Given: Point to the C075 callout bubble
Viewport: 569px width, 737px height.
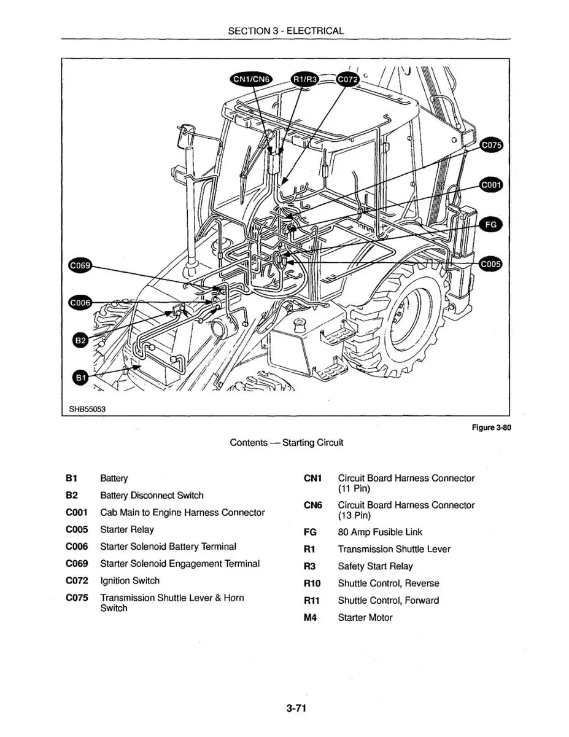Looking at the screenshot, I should point(491,146).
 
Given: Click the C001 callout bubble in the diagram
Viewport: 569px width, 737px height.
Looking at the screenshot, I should point(491,185).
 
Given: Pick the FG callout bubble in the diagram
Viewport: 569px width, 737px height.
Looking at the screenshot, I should point(491,225).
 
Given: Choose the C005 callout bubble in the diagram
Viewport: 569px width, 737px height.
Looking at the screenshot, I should point(490,264).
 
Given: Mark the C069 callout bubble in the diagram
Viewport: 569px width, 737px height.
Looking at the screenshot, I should point(79,265).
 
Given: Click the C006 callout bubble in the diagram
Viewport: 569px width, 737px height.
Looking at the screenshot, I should point(79,302).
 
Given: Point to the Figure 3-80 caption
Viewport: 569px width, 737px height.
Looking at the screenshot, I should point(491,430).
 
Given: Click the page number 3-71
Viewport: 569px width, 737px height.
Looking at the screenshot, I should point(295,709).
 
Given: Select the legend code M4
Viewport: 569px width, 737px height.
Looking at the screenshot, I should point(310,617).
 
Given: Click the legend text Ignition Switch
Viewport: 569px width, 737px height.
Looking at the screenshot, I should point(130,580).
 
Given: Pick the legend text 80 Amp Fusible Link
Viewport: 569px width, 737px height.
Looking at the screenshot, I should point(380,532).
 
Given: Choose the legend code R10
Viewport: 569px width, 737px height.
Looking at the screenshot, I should point(311,583).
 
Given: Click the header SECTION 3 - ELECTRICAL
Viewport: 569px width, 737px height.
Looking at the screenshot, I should point(285,31).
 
